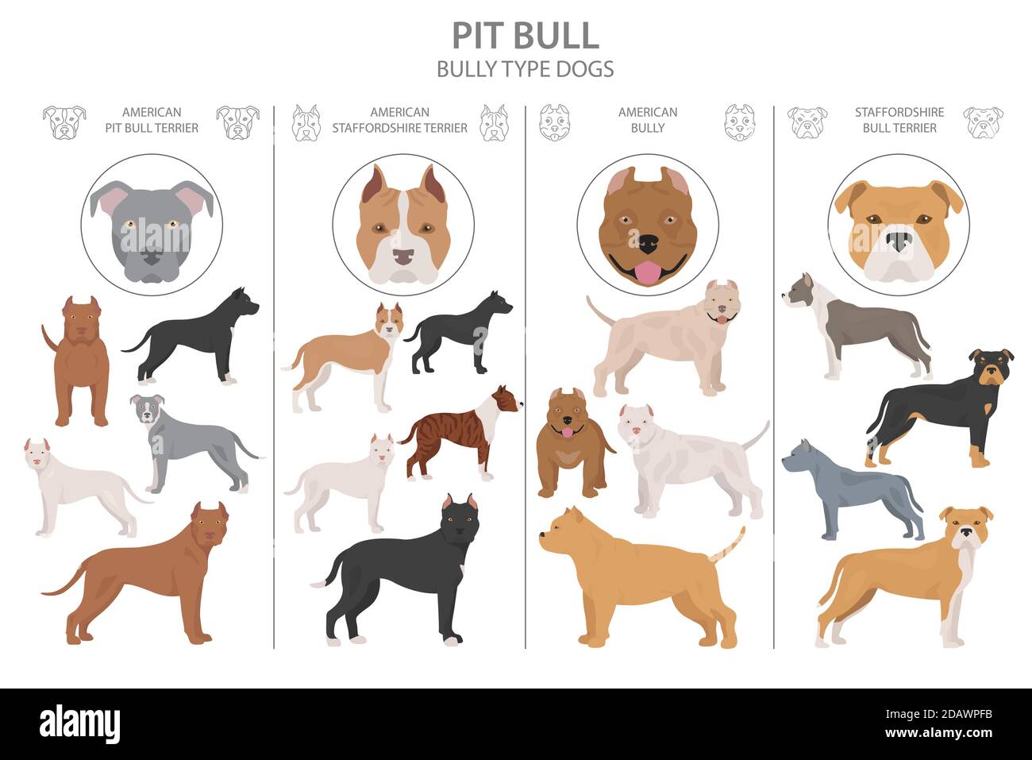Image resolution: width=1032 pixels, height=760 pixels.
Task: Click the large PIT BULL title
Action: point(526,36)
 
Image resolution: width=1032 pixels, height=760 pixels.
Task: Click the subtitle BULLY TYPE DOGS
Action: point(526,69)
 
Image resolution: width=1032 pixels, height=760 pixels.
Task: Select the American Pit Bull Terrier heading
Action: point(152,120)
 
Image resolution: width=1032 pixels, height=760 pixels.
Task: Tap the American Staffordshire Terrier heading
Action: point(399,120)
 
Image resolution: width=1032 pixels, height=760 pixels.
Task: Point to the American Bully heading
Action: point(648,120)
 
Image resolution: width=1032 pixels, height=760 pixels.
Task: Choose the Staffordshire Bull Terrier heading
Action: point(899,120)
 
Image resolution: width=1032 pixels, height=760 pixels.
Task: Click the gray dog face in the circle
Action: point(152,231)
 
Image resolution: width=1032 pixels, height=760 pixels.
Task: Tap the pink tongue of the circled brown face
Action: point(648,272)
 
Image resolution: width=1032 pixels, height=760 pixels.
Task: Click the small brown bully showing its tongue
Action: point(572,442)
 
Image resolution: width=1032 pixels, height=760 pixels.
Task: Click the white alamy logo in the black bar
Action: point(79,723)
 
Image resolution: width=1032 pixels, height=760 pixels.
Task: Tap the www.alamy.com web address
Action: point(939,733)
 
